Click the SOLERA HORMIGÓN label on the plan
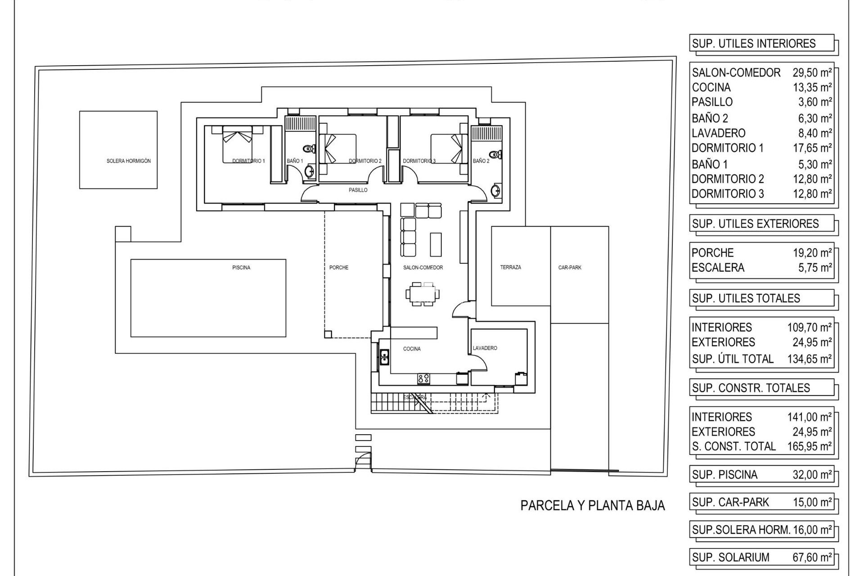click(x=128, y=161)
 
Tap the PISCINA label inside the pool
click(x=241, y=268)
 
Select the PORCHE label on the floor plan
click(x=338, y=268)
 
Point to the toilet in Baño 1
click(x=309, y=149)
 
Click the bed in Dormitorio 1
click(x=237, y=145)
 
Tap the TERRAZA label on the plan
click(x=510, y=267)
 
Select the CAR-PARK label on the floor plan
click(x=570, y=268)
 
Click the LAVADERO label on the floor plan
click(x=485, y=348)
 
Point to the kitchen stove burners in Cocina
click(x=423, y=378)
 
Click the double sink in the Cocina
click(x=385, y=357)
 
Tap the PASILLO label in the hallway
click(x=358, y=190)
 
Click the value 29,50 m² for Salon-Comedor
click(x=812, y=72)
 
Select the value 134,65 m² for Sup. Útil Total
click(x=809, y=359)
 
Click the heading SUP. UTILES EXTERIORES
click(x=755, y=224)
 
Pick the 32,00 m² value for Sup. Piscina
click(x=812, y=474)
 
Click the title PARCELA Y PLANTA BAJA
click(x=592, y=505)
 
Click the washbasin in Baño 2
click(x=496, y=190)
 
